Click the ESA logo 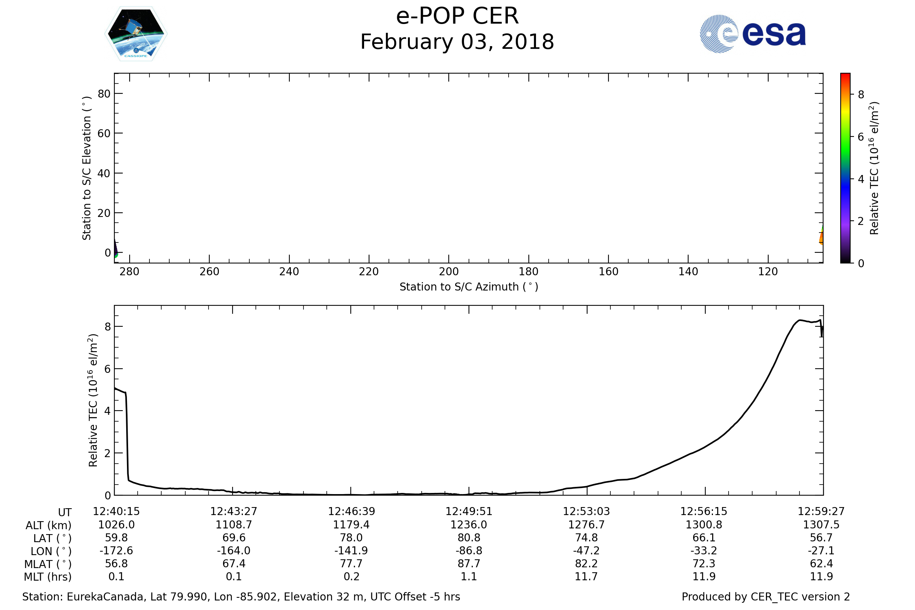point(752,34)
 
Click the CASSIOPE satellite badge point(136,34)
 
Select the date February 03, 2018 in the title point(457,42)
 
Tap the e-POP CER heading point(457,16)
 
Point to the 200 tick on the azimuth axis point(449,271)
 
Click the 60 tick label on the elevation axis point(104,133)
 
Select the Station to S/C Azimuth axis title point(469,287)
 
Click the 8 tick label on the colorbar point(861,95)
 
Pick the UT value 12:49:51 point(469,511)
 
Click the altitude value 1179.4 point(351,525)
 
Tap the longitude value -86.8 point(469,551)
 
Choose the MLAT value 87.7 point(469,563)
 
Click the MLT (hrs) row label point(48,576)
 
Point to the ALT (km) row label point(49,525)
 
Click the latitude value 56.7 point(821,538)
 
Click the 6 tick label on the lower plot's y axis point(108,369)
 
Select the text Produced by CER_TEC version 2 point(766,597)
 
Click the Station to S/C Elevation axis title point(87,168)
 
